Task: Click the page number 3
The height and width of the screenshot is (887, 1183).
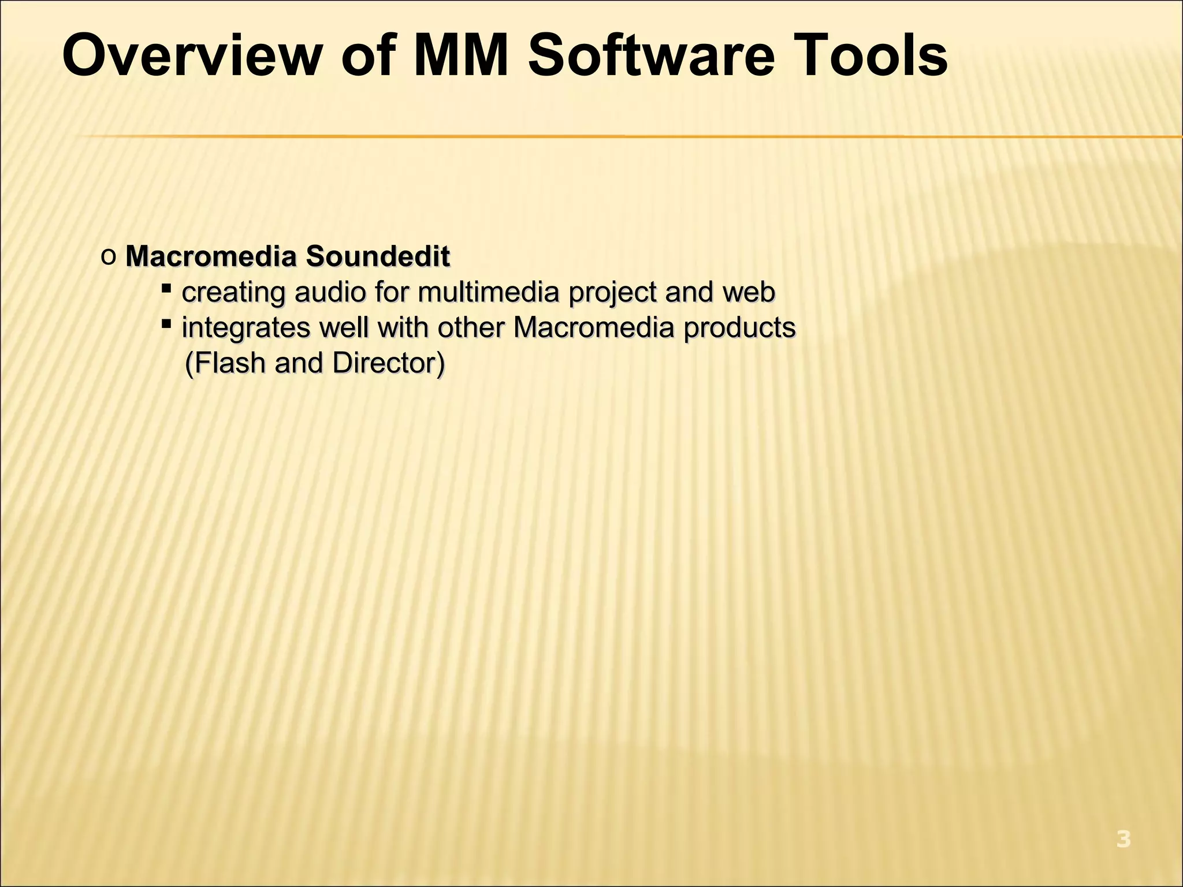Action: (1123, 839)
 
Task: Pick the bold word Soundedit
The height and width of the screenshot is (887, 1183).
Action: (378, 256)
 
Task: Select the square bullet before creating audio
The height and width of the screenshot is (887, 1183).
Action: (166, 288)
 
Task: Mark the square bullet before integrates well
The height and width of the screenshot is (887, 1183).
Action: (166, 323)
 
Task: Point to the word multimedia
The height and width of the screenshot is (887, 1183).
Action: (489, 292)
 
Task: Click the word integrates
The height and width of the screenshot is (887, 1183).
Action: (246, 328)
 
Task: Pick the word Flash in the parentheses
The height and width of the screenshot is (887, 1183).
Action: (228, 363)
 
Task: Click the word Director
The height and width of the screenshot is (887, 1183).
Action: (386, 363)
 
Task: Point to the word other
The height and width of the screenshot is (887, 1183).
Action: (471, 327)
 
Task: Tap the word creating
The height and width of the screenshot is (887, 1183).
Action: (233, 292)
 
